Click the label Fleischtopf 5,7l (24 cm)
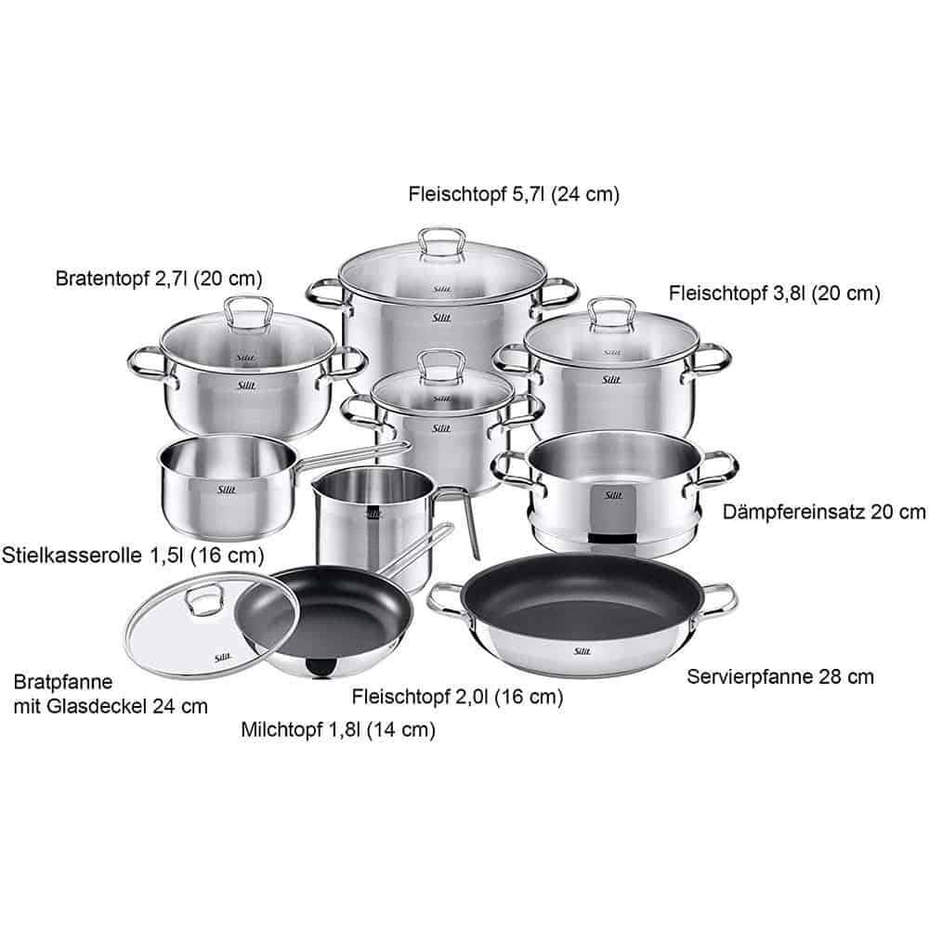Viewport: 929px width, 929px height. [514, 194]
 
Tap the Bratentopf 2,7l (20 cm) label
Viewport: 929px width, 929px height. [159, 278]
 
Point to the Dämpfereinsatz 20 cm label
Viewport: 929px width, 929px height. [824, 511]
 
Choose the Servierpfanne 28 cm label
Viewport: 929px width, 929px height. [780, 676]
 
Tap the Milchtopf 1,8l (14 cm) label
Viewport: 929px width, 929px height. [337, 730]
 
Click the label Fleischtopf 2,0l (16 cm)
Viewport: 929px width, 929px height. [457, 696]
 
